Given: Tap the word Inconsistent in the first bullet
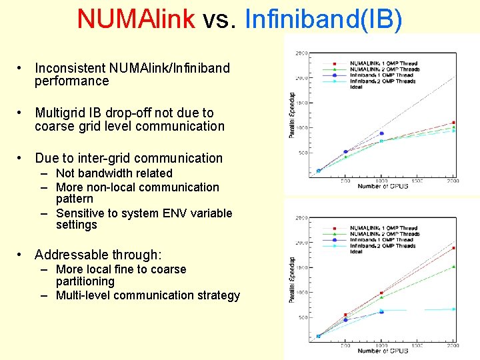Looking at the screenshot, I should (x=70, y=68).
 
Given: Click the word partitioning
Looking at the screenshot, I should (x=85, y=281).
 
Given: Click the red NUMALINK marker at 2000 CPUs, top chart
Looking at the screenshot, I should (x=454, y=123).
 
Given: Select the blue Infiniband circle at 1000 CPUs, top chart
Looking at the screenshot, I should (x=381, y=134).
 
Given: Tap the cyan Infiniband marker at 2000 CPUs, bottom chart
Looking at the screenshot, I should (x=454, y=309).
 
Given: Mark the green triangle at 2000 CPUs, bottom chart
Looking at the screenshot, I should (x=454, y=267).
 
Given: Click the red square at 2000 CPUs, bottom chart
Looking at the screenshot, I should (x=454, y=248).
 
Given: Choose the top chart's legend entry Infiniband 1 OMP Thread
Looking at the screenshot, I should (x=381, y=75).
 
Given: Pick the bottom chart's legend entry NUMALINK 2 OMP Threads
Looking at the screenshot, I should (x=385, y=234).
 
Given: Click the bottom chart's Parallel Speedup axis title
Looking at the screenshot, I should (x=292, y=280).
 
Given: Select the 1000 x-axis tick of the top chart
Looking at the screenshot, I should (x=381, y=180).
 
